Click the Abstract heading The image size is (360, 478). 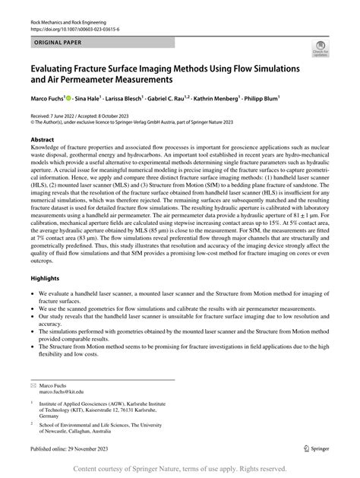coord(43,141)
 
